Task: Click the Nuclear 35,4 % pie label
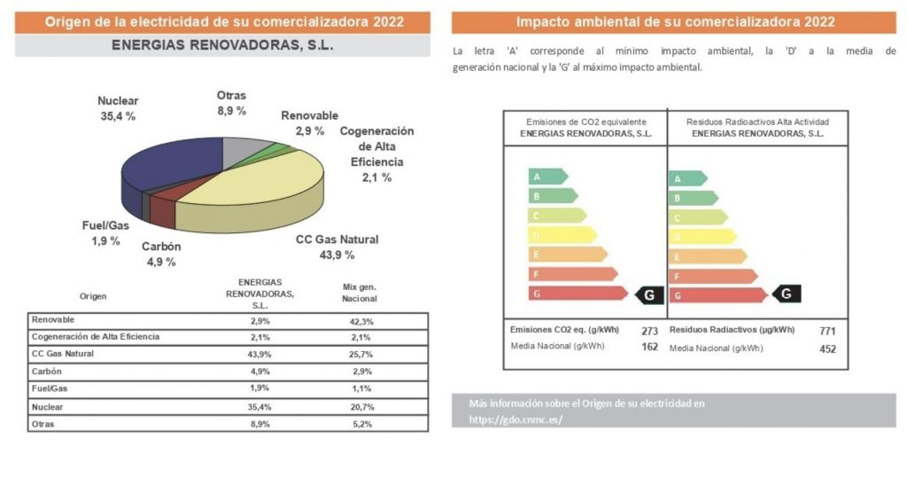pos(117,108)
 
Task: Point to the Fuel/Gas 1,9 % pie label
pos(105,232)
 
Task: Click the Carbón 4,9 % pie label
pos(161,254)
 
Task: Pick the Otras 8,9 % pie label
pos(231,103)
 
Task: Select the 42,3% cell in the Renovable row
pos(360,321)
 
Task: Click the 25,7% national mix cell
pos(360,354)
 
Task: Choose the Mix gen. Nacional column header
pos(360,293)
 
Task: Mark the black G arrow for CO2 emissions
pos(649,294)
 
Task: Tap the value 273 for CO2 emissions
pos(649,331)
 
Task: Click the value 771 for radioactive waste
pos(827,331)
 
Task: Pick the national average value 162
pos(649,347)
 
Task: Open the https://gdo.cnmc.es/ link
pos(516,419)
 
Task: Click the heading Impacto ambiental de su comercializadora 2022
pos(674,22)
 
